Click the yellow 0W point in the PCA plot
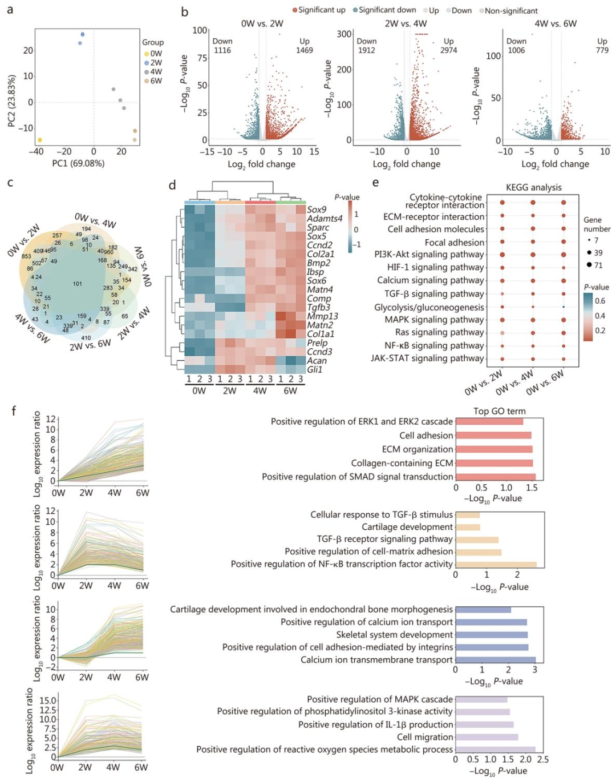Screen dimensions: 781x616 [39, 140]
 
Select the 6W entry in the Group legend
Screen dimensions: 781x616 [156, 81]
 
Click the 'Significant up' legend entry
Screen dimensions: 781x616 [321, 10]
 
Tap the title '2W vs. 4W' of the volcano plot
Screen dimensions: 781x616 [406, 24]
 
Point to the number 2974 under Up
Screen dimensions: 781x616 [448, 50]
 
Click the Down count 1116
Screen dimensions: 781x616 [222, 50]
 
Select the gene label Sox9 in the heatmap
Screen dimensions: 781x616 [317, 210]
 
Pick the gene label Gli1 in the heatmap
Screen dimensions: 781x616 [315, 369]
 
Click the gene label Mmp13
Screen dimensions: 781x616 [322, 316]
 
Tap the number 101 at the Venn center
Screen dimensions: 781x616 [78, 284]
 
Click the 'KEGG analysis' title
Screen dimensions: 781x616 [533, 187]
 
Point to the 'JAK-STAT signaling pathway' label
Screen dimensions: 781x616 [427, 359]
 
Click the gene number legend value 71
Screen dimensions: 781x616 [598, 265]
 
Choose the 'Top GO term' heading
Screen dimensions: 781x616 [499, 411]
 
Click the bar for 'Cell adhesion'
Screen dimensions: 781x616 [493, 436]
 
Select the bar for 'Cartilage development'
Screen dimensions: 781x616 [468, 527]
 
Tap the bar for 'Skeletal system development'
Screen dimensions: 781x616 [491, 635]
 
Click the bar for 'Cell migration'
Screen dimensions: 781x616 [487, 737]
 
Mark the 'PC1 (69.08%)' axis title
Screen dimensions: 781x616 [78, 163]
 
